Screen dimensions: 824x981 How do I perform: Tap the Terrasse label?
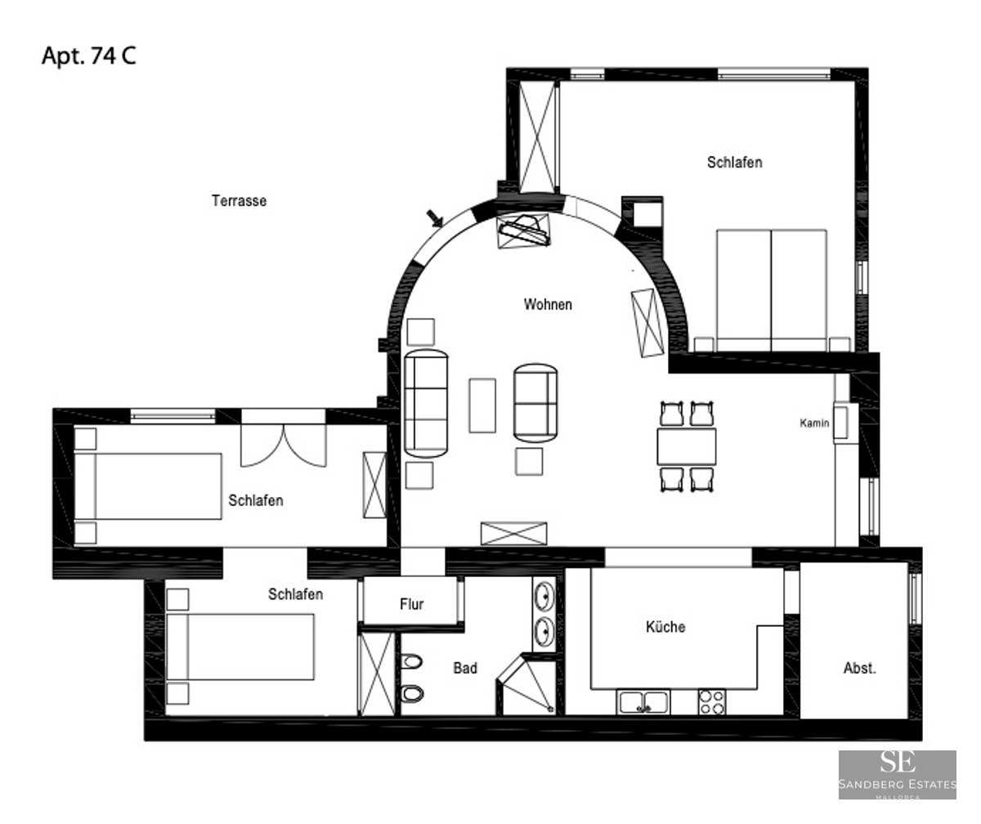coord(240,200)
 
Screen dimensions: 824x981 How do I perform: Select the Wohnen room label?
coord(548,305)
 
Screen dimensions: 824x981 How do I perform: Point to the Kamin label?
coord(815,423)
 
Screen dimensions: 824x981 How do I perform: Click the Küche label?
coord(665,627)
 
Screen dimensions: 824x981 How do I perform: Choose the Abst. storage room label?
coord(859,668)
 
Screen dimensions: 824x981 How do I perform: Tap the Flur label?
coord(411,605)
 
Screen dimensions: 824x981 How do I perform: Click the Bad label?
coord(465,668)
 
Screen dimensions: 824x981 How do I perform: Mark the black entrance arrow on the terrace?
coord(436,217)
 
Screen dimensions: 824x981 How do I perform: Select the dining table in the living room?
coord(687,446)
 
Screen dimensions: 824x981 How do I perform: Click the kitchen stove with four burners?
coord(711,701)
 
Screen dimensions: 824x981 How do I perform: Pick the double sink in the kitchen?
coord(643,701)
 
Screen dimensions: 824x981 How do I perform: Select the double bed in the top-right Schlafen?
coord(772,288)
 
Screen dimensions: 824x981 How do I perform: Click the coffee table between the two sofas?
coord(482,405)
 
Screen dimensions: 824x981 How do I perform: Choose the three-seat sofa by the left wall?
coord(427,403)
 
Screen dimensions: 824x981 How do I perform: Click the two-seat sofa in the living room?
coord(535,401)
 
